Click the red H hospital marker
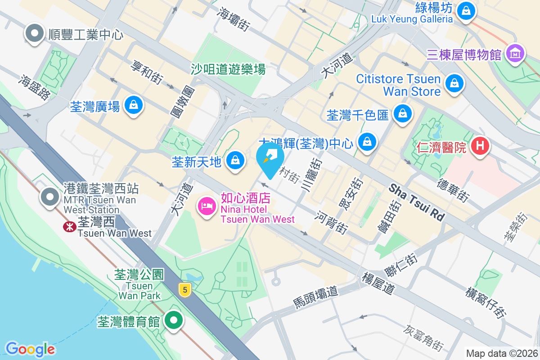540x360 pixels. (480, 146)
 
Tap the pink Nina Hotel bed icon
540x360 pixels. (207, 207)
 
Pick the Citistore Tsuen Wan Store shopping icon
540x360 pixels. (454, 83)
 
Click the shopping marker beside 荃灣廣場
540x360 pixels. (133, 105)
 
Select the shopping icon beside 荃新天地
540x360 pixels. (235, 160)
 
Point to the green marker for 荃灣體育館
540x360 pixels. (173, 320)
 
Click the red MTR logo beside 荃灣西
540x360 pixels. (69, 227)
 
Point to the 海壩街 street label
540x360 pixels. (233, 19)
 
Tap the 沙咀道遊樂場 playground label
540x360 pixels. (228, 69)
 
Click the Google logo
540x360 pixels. (30, 349)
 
